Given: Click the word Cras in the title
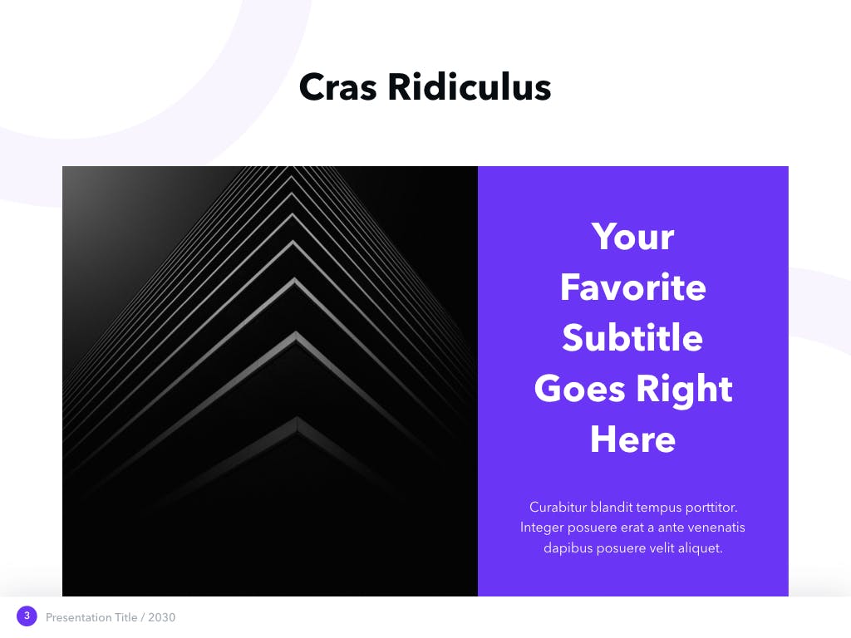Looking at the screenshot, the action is (337, 87).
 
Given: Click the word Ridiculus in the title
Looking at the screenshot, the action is (470, 86).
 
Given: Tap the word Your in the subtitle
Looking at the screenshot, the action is (632, 237).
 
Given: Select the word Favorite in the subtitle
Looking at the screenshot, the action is (632, 287).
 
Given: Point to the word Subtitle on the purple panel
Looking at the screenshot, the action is (632, 337).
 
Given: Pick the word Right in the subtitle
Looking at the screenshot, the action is (684, 389).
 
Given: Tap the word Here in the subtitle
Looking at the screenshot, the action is (632, 439).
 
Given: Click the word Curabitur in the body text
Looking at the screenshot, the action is (558, 508).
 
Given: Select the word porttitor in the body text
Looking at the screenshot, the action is (711, 508).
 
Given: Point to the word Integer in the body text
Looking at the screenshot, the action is (542, 528).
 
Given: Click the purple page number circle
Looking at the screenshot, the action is (27, 616).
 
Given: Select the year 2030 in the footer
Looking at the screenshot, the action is (162, 617).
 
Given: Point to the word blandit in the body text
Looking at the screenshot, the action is (612, 508).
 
